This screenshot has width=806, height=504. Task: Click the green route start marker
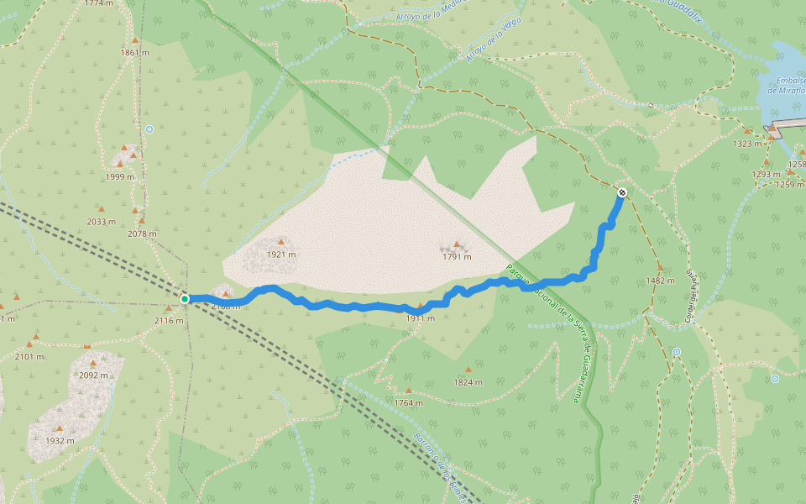(x=185, y=298)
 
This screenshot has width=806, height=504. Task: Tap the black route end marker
(x=622, y=192)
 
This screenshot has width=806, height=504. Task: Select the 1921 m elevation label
(x=281, y=255)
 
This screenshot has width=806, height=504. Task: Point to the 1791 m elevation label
(x=457, y=257)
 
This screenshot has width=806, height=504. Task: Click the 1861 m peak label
(x=134, y=52)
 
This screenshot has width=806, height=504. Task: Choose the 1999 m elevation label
(x=120, y=176)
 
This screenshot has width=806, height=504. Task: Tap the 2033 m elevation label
(x=101, y=222)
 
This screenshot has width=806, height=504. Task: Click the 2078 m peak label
(x=143, y=234)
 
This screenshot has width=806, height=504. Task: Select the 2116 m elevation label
(x=169, y=320)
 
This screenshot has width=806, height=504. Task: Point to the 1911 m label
(x=420, y=318)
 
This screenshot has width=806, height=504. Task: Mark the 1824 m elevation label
(x=468, y=382)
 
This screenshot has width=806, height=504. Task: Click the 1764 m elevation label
(x=408, y=403)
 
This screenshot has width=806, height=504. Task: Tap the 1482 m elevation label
(x=660, y=281)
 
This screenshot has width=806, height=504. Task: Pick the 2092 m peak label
(x=93, y=375)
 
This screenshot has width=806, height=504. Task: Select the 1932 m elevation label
(x=60, y=440)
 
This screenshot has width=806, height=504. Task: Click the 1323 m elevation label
(x=747, y=144)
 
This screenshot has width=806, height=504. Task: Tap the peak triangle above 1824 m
(x=468, y=369)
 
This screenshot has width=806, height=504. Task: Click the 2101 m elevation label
(x=29, y=356)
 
